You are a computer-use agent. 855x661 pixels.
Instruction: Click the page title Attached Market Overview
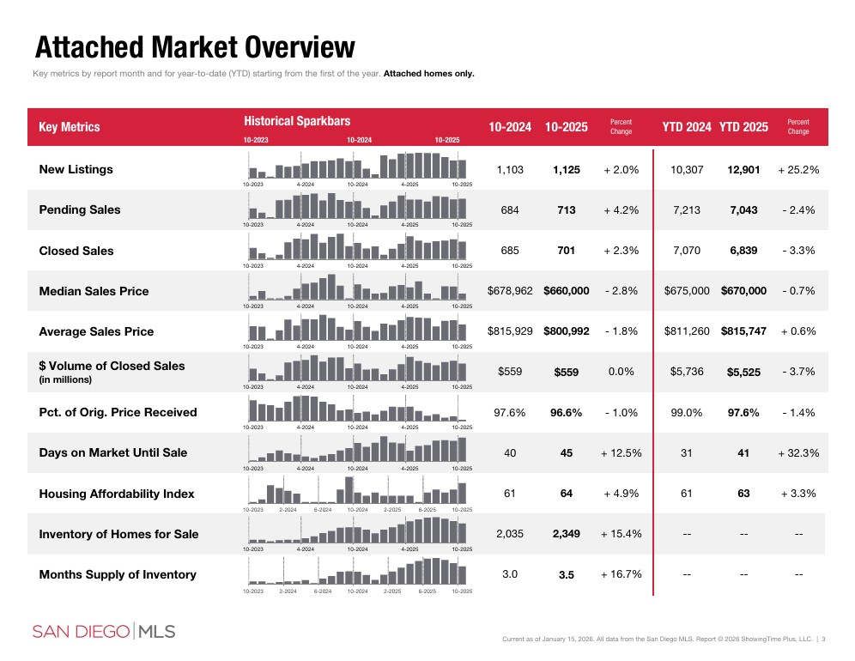pyautogui.click(x=194, y=46)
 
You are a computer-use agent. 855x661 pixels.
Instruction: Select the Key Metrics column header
pyautogui.click(x=70, y=127)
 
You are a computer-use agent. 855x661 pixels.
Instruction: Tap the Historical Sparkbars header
pyautogui.click(x=297, y=122)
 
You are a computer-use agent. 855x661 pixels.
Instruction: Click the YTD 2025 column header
pyautogui.click(x=743, y=127)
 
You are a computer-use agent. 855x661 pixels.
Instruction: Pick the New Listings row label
pyautogui.click(x=76, y=169)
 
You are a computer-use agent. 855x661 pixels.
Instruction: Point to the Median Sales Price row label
pyautogui.click(x=94, y=291)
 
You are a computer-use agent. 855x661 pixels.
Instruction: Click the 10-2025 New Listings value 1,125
pyautogui.click(x=566, y=170)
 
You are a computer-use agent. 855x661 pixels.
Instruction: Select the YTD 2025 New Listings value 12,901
pyautogui.click(x=743, y=170)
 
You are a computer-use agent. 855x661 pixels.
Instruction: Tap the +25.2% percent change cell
pyautogui.click(x=798, y=170)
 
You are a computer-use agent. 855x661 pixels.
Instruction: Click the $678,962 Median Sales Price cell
pyautogui.click(x=510, y=291)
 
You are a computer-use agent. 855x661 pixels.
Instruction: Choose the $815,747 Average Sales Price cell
pyautogui.click(x=743, y=331)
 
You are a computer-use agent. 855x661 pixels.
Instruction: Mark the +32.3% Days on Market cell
pyautogui.click(x=798, y=453)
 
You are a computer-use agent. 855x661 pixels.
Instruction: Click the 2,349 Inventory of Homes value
pyautogui.click(x=566, y=534)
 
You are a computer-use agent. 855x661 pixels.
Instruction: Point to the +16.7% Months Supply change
pyautogui.click(x=622, y=574)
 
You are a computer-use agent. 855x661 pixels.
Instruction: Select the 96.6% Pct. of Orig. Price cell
pyautogui.click(x=566, y=413)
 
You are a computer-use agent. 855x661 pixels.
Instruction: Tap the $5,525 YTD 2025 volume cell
pyautogui.click(x=743, y=373)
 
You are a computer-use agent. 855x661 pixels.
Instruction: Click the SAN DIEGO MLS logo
pyautogui.click(x=104, y=632)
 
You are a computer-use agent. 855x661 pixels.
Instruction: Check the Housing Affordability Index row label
pyautogui.click(x=117, y=494)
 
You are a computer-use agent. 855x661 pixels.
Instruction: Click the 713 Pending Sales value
pyautogui.click(x=566, y=210)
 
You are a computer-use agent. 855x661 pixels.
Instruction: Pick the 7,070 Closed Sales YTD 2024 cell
pyautogui.click(x=686, y=251)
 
